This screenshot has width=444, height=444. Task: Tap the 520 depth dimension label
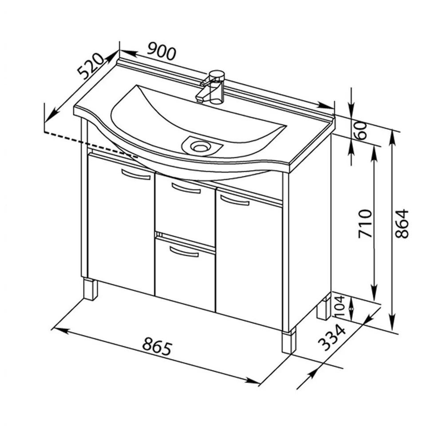pyautogui.click(x=91, y=66)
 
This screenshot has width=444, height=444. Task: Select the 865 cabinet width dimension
pyautogui.click(x=157, y=346)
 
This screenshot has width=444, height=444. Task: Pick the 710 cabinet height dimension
pyautogui.click(x=365, y=223)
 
